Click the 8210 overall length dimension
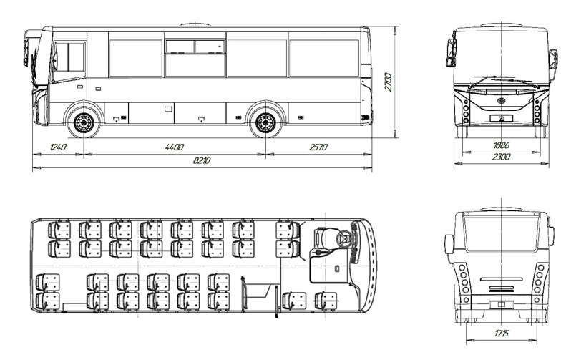[x=201, y=160]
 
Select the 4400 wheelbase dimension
[x=175, y=147]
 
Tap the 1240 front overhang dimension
[x=58, y=147]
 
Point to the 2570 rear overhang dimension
[x=318, y=147]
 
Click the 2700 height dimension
[x=389, y=82]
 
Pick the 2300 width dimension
[x=502, y=157]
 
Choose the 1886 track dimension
[x=502, y=145]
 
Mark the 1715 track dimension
[x=502, y=333]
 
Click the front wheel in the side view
[x=84, y=123]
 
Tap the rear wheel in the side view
[x=265, y=123]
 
